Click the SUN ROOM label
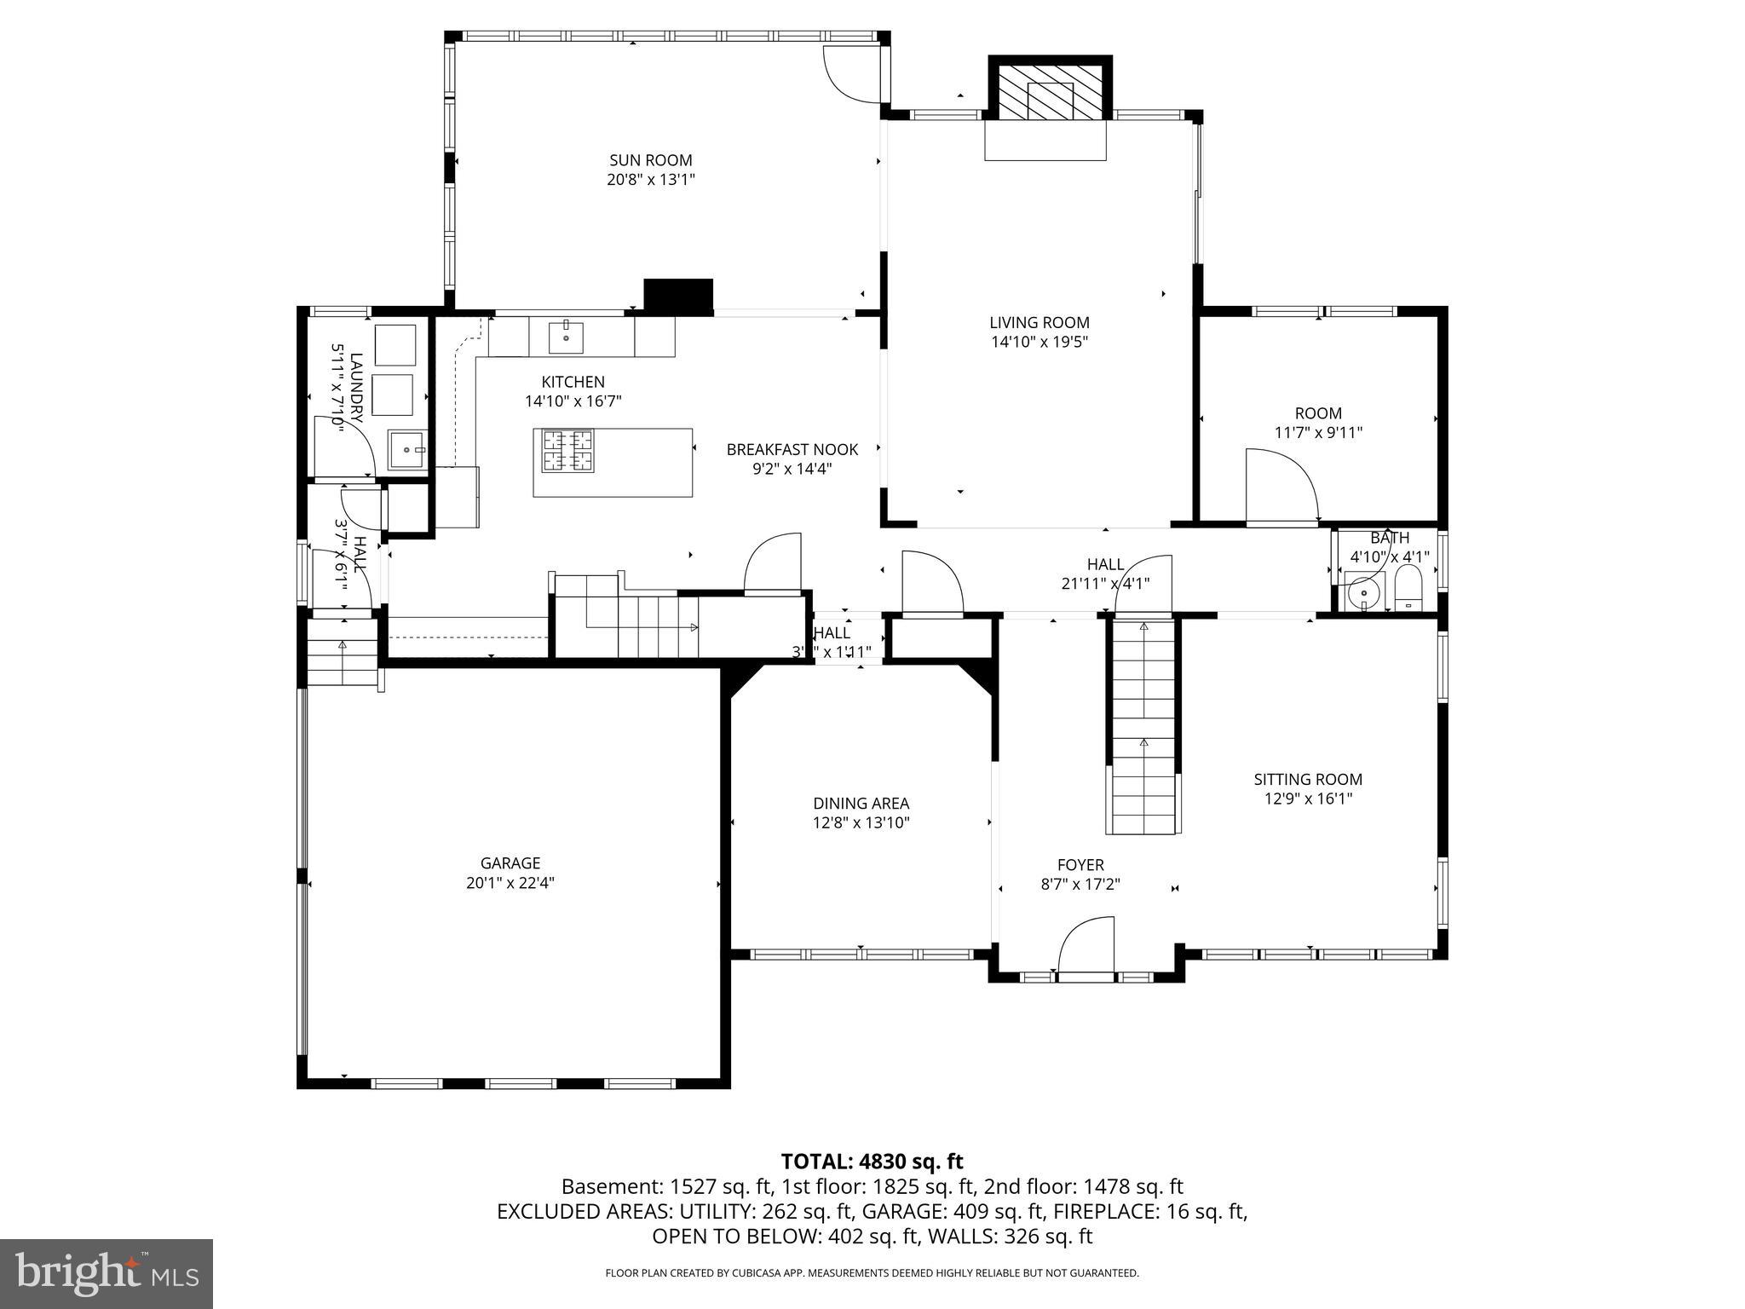pos(650,160)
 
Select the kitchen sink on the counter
pos(566,337)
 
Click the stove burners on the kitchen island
pos(567,450)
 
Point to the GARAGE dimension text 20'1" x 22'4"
pos(510,883)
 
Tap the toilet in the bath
pos(1408,588)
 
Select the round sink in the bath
pos(1363,591)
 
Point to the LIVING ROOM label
pos(1039,323)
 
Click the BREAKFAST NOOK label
pos(792,450)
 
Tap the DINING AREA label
pos(861,804)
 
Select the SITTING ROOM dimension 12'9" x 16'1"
pos(1308,799)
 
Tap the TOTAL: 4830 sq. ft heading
pos(872,1162)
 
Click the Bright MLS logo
pos(106,1273)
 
